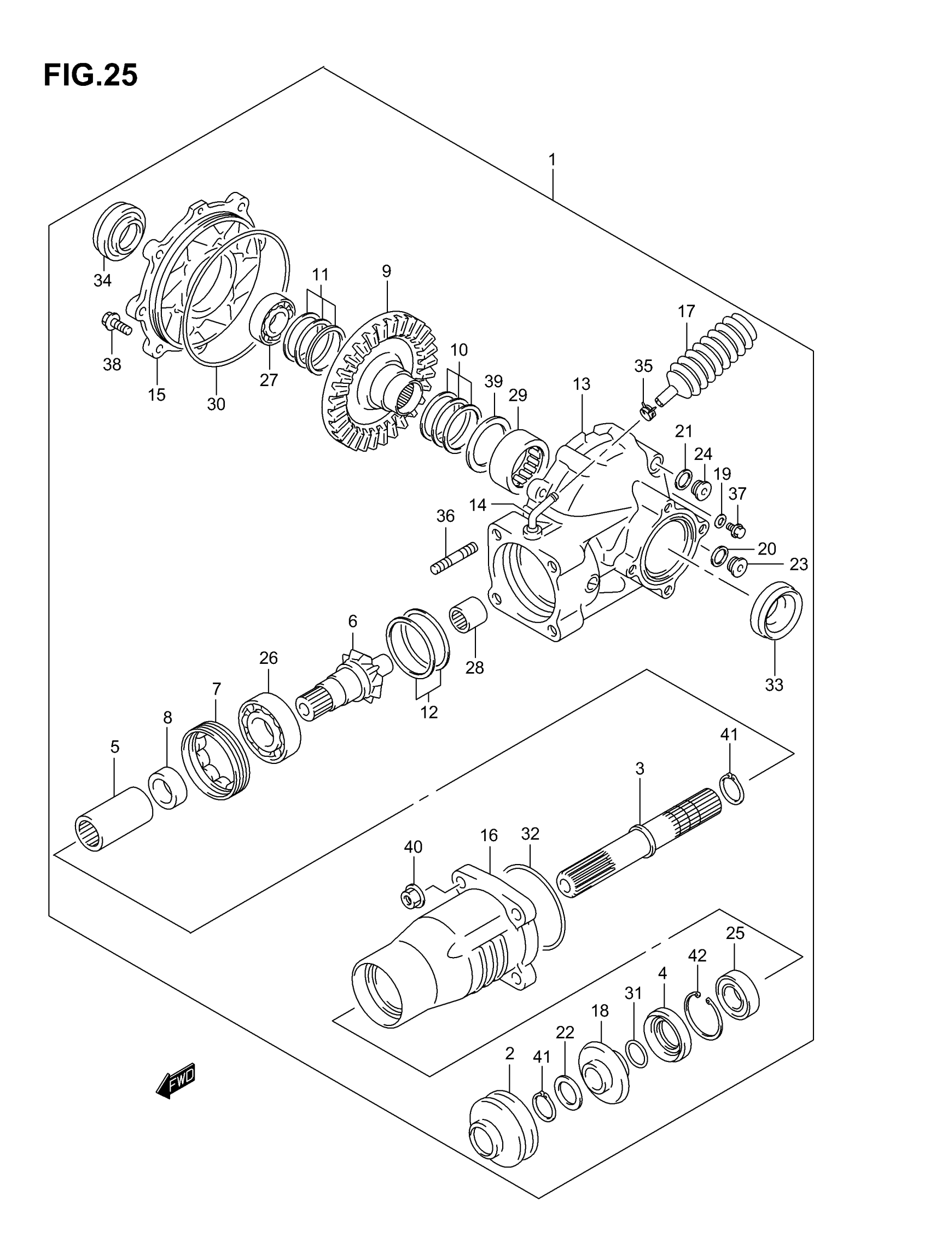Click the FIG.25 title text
tap(90, 75)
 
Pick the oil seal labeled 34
tap(119, 231)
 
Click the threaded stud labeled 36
tap(454, 557)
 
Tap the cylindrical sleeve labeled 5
tap(114, 818)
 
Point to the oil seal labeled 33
tap(776, 610)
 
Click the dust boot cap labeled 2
tap(504, 1134)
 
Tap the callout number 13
tap(582, 384)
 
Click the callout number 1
tap(552, 160)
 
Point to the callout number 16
tap(489, 851)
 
